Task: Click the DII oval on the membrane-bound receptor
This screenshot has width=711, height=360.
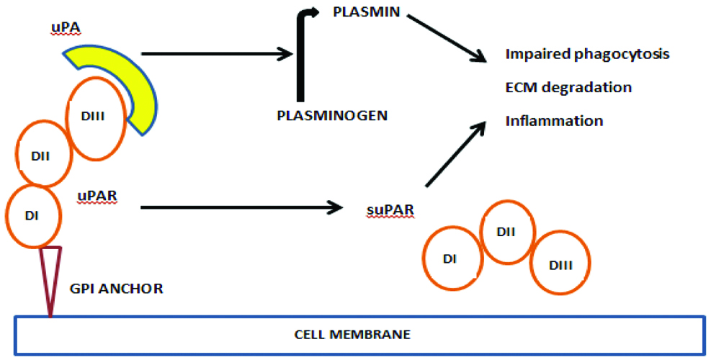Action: click(43, 154)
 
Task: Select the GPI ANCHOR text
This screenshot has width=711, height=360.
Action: click(117, 289)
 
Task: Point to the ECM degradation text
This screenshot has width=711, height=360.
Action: click(568, 87)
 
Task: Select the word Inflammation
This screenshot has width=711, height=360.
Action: click(554, 120)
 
